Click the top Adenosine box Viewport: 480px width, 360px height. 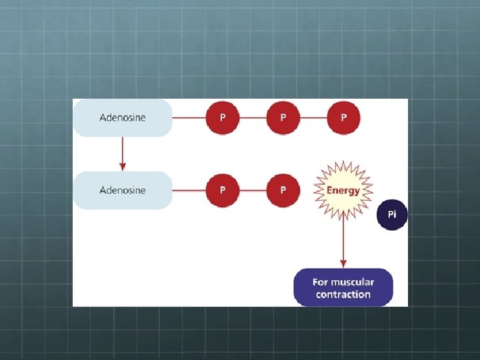123,118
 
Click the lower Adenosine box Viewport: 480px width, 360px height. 123,190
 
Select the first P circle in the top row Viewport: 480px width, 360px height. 223,118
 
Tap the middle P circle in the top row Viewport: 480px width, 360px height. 283,118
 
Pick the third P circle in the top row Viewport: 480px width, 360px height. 343,118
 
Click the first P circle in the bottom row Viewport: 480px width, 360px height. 223,190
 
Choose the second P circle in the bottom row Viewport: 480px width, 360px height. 283,190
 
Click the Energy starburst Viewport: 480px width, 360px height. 343,190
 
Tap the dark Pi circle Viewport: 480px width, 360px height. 392,215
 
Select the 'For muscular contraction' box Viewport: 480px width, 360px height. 343,288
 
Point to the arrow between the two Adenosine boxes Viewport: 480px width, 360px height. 123,154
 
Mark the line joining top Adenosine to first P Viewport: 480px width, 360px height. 188,118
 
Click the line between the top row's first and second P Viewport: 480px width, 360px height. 253,118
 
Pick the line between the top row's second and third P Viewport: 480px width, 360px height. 313,118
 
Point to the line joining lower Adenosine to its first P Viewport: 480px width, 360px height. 188,190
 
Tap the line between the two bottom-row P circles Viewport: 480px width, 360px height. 253,190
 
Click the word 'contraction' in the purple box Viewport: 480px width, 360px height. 343,295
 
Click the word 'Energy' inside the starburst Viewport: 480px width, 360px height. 343,190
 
